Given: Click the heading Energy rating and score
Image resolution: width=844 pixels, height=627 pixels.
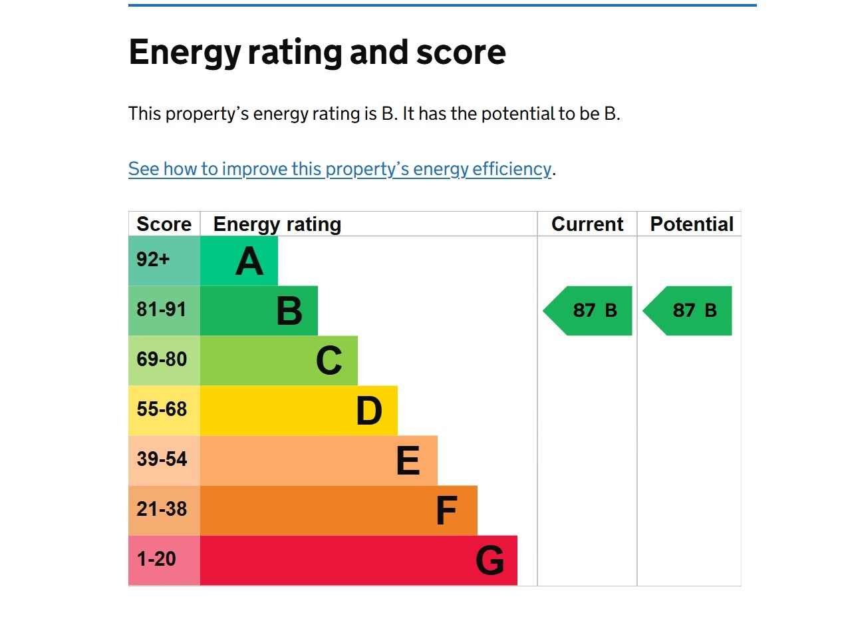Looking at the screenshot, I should [317, 52].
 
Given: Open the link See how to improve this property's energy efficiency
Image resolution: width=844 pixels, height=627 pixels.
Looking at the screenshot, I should [339, 169].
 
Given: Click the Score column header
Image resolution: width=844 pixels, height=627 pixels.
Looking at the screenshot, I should [164, 224].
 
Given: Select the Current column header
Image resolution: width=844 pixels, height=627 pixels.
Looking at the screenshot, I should [587, 224].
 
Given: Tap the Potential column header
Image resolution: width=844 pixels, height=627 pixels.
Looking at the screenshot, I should [691, 224].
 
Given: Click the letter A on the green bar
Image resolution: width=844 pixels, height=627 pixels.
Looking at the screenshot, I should [249, 262].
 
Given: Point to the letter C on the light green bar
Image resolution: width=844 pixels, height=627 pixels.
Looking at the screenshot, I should [329, 361].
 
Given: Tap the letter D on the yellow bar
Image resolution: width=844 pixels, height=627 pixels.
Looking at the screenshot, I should [369, 411].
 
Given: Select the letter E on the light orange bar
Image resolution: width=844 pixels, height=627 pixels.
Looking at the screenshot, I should [408, 461].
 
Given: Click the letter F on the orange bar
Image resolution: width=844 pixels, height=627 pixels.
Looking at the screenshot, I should [446, 511].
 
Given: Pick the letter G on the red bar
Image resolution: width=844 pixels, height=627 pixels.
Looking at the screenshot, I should [490, 561].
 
